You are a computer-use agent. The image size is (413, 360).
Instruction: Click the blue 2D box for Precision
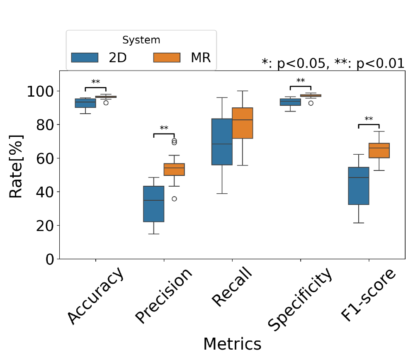pyautogui.click(x=154, y=204)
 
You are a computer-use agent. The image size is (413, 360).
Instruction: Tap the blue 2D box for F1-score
pyautogui.click(x=358, y=186)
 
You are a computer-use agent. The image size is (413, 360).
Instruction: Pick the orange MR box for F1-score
pyautogui.click(x=379, y=151)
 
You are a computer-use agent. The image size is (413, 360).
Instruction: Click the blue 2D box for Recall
pyautogui.click(x=222, y=141)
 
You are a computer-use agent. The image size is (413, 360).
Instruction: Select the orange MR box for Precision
pyautogui.click(x=174, y=169)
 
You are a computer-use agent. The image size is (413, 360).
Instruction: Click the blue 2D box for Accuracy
pyautogui.click(x=85, y=103)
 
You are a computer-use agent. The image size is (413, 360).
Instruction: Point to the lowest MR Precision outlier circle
pyautogui.click(x=174, y=199)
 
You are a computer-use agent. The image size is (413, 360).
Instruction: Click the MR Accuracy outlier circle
pyautogui.click(x=106, y=102)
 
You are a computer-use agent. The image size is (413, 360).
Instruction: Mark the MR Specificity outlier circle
pyautogui.click(x=311, y=103)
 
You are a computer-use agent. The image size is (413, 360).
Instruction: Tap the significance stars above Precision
pyautogui.click(x=164, y=128)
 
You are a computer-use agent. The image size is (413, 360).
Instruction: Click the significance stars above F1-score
pyautogui.click(x=369, y=119)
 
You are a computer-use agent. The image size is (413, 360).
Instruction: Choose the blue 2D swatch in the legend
pyautogui.click(x=85, y=58)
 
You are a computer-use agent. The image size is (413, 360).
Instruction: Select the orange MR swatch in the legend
pyautogui.click(x=167, y=58)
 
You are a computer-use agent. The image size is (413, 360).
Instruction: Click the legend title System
pyautogui.click(x=141, y=40)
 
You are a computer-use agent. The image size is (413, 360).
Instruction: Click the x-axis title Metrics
pyautogui.click(x=232, y=344)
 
